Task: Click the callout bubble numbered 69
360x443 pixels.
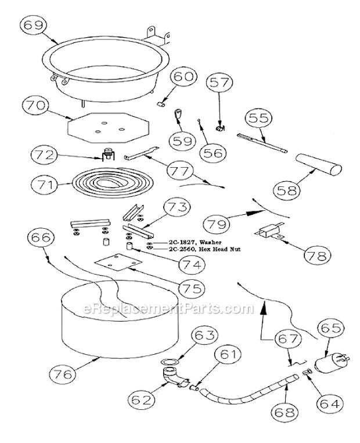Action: [33, 26]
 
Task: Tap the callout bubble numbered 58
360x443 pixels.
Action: [286, 190]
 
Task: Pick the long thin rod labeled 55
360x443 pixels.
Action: [262, 143]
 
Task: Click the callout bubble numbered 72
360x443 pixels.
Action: [42, 155]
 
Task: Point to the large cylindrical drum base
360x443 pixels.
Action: [120, 319]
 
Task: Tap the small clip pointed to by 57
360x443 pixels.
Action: [221, 128]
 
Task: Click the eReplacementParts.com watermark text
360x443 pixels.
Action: [168, 308]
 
